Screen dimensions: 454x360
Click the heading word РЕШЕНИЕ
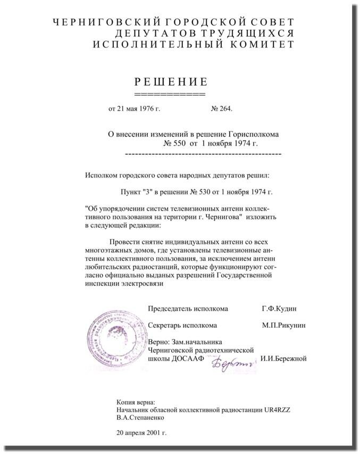click(170, 81)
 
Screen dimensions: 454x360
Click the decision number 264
click(226, 109)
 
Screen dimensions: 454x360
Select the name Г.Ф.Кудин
click(280, 309)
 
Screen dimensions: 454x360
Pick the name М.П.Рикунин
click(283, 325)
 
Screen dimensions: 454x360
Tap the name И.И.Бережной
click(283, 359)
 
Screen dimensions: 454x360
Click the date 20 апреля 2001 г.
click(141, 433)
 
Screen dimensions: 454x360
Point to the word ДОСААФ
click(191, 359)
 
